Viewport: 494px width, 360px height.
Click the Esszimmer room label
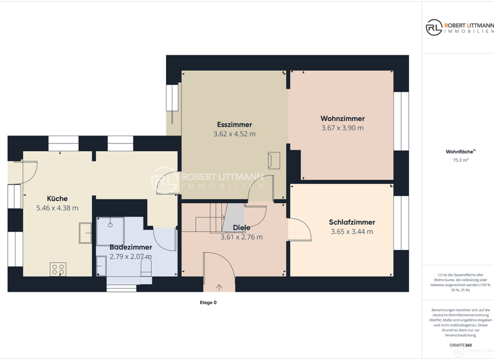[x=234, y=125]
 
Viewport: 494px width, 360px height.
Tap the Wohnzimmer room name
[x=342, y=119]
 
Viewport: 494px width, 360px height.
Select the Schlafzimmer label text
[x=352, y=222]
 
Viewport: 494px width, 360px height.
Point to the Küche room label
[x=57, y=199]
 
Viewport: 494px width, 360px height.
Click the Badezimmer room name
[x=131, y=247]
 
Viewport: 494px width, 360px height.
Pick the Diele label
[x=242, y=228]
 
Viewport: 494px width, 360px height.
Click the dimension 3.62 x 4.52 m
[x=234, y=134]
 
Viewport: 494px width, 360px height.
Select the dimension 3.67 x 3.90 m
[x=342, y=128]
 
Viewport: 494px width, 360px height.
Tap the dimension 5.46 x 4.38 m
[x=57, y=208]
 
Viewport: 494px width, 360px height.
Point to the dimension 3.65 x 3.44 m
[x=352, y=231]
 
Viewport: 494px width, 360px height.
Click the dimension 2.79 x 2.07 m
[x=131, y=256]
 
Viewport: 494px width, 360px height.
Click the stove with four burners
[x=58, y=269]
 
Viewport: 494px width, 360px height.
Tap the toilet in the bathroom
[x=146, y=266]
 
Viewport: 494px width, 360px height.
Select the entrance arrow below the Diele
[x=219, y=287]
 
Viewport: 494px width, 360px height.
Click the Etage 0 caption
[x=208, y=302]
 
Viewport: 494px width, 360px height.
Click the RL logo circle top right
[x=434, y=27]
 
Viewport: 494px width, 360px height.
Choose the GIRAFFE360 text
[x=461, y=345]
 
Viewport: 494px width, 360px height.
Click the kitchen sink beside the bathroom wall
[x=86, y=233]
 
